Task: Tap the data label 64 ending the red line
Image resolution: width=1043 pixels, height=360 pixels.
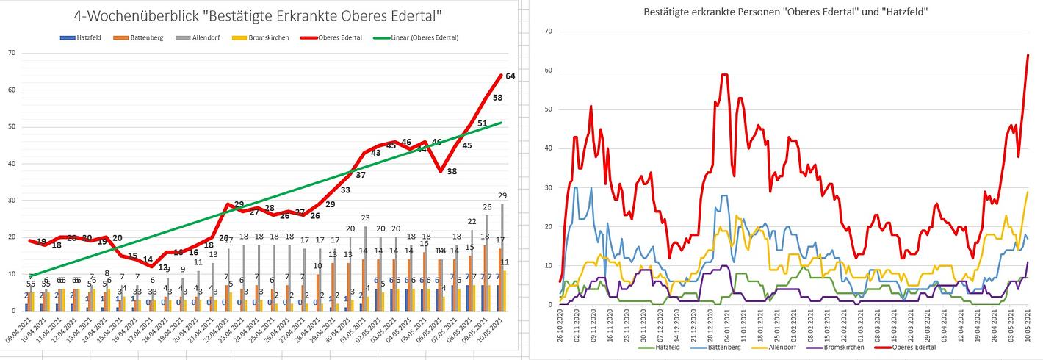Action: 510,76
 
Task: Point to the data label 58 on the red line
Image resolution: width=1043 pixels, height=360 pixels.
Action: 497,98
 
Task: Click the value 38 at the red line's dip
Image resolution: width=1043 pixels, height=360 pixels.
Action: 451,171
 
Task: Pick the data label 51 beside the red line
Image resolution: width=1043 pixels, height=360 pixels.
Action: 483,123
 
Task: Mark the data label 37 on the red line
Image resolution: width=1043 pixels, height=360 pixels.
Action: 361,175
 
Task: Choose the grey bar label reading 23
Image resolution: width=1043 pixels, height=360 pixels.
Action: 365,218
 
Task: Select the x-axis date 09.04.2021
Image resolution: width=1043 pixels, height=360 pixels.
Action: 18,331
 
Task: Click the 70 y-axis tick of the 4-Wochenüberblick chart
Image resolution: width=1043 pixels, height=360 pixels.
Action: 11,53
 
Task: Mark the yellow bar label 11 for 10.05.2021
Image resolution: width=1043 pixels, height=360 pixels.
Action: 505,262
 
